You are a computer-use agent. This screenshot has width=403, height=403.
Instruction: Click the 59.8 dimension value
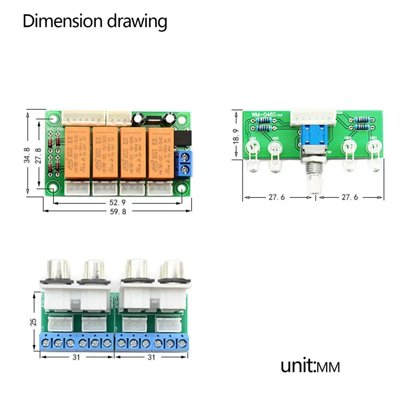click(x=118, y=212)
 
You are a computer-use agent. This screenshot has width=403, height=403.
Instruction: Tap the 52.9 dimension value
click(x=118, y=203)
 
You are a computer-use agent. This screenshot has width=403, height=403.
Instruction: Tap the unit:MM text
click(x=310, y=366)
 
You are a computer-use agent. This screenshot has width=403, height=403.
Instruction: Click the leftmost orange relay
click(x=77, y=153)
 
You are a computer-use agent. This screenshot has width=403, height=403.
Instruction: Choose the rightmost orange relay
click(x=160, y=153)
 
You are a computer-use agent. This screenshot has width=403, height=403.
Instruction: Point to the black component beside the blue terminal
click(x=182, y=138)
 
